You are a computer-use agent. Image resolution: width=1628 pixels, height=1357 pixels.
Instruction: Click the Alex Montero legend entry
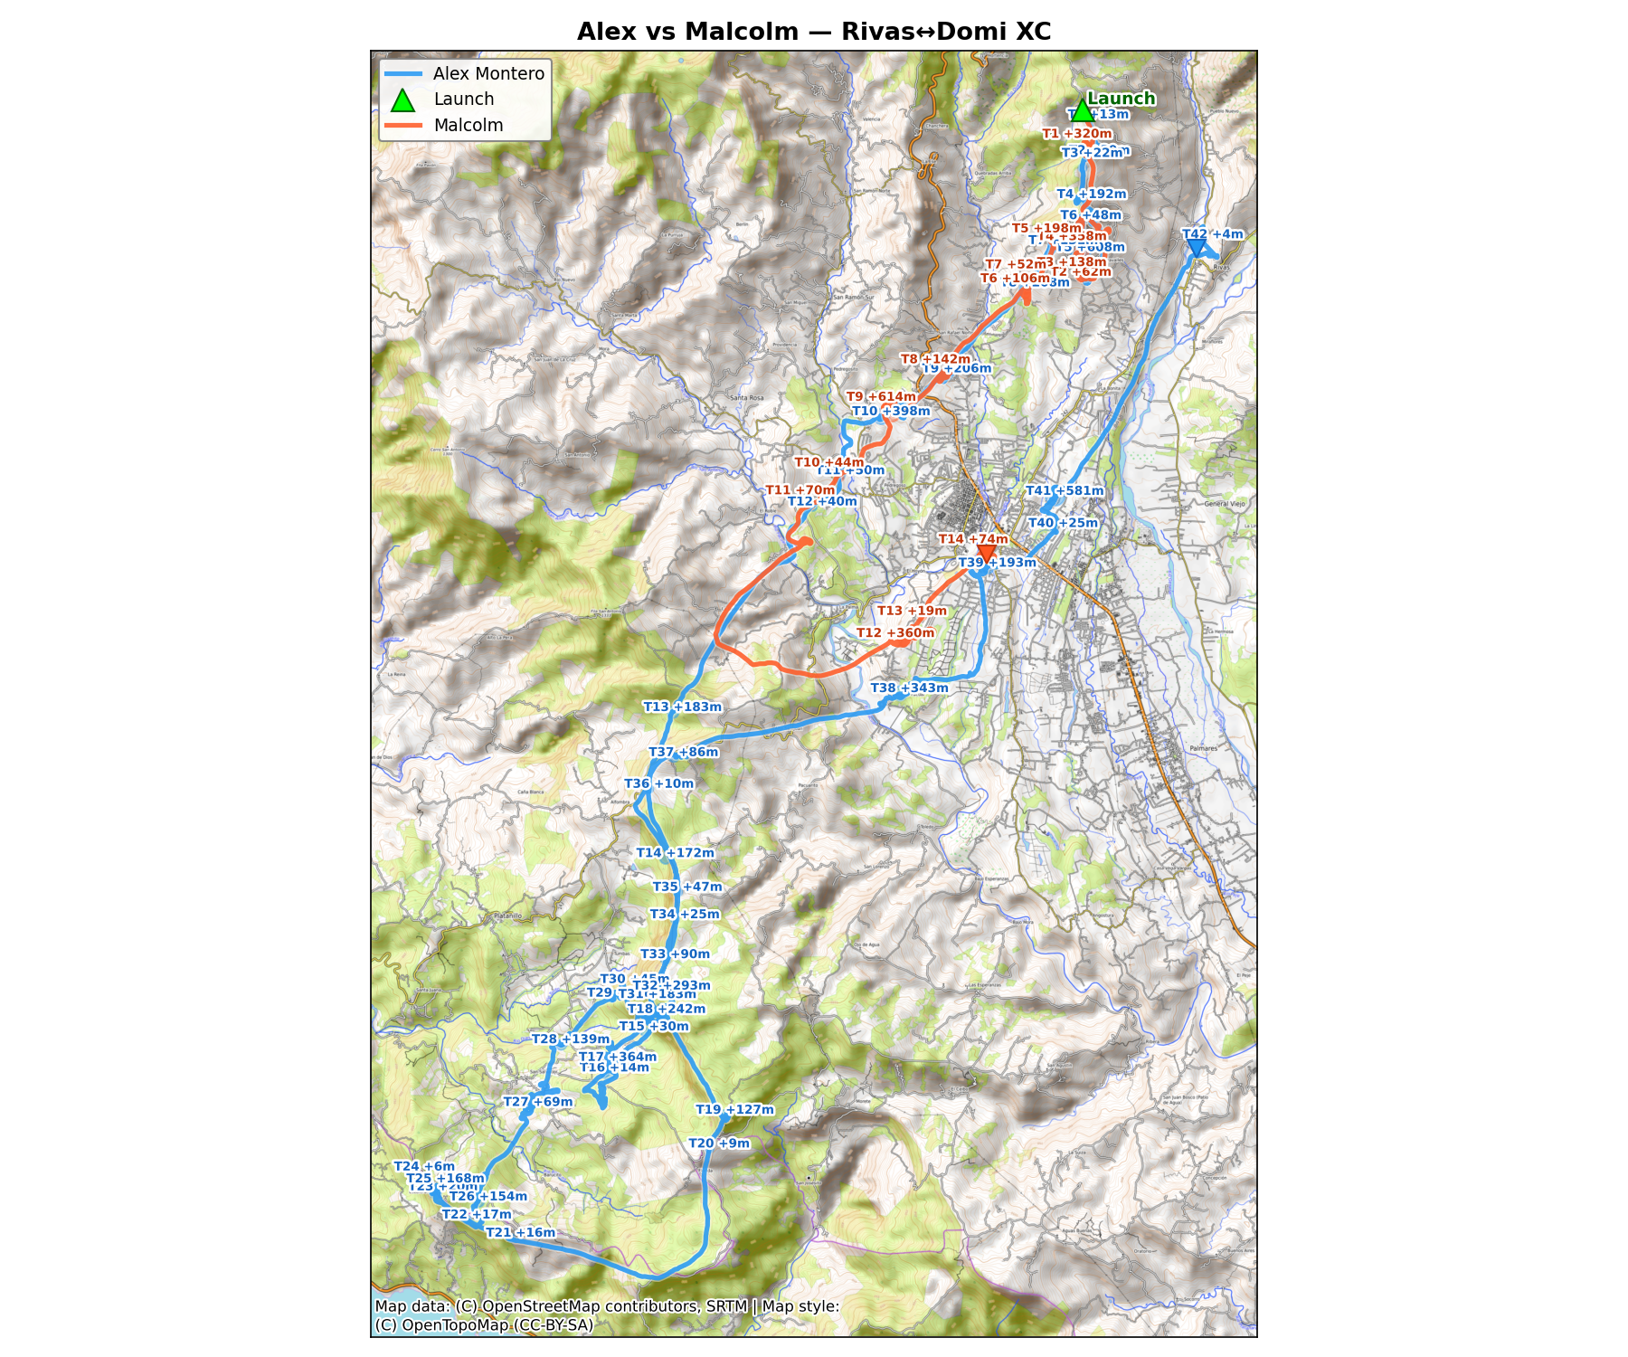487,74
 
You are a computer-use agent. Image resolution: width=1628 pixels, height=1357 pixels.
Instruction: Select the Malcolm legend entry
468,126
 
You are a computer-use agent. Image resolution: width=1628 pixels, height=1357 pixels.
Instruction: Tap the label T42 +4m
1212,234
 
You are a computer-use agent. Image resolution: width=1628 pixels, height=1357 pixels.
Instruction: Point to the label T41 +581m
1065,491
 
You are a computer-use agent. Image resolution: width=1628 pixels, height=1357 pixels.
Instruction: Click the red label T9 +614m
881,397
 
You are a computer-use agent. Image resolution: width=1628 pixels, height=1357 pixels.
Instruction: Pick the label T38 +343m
909,688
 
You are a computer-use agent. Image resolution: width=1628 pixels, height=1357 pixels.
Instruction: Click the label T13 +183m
682,707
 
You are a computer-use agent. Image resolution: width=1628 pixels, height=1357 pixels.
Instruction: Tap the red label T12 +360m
894,633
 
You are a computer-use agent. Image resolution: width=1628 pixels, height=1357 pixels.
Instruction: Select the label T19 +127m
734,1110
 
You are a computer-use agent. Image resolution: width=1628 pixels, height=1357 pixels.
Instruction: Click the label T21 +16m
520,1233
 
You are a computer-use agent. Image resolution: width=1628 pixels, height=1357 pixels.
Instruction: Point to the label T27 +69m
537,1102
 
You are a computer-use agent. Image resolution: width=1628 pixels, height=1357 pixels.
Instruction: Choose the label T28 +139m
570,1039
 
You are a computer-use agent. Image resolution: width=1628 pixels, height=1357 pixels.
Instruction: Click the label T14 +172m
675,853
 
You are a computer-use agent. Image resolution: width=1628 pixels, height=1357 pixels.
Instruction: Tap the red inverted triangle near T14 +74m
987,553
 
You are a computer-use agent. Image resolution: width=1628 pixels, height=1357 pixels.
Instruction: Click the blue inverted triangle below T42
1196,248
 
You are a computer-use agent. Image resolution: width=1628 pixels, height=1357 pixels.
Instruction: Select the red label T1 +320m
1076,134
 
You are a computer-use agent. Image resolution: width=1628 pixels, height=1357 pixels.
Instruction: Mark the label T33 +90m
675,954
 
